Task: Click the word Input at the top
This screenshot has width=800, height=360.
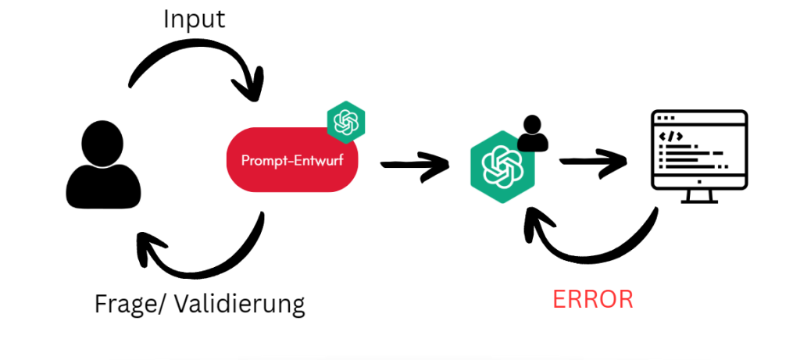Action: (x=194, y=19)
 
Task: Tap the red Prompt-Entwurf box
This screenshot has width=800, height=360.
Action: (x=291, y=161)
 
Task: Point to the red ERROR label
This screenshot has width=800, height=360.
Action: (x=593, y=299)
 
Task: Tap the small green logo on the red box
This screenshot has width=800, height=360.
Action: (x=346, y=122)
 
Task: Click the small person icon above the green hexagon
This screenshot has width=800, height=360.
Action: (x=533, y=133)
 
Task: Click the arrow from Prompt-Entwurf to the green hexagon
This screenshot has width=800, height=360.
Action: (x=414, y=165)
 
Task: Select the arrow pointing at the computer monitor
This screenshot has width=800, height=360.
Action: (x=594, y=161)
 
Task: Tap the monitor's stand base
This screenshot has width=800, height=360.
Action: (x=699, y=201)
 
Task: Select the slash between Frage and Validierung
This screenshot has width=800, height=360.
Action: (x=155, y=303)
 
